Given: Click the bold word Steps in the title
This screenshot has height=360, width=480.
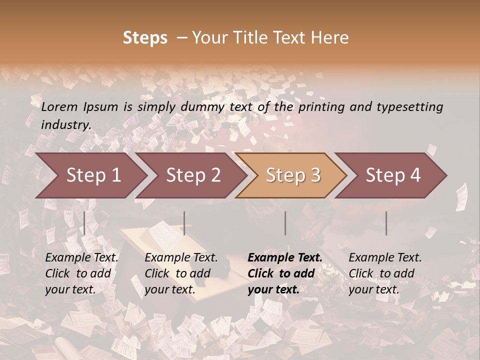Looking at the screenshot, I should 145,38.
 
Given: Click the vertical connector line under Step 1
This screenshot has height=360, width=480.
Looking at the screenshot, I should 84,223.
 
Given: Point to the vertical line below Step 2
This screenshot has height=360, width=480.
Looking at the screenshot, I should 184,223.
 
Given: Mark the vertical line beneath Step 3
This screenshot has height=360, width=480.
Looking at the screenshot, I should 285,223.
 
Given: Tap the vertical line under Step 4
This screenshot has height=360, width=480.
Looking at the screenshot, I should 386,223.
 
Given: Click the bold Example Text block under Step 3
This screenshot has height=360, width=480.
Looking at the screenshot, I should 285,273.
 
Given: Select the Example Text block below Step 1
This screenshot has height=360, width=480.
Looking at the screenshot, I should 81,273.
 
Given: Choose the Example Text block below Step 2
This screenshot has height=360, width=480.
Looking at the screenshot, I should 181,273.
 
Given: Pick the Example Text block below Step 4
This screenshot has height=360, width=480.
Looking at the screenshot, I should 385,273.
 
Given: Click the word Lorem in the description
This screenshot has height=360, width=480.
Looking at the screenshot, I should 59,106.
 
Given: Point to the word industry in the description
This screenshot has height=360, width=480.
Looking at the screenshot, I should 65,124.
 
